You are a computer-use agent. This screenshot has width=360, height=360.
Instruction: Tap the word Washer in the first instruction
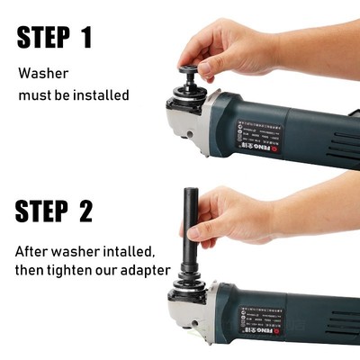pos(44,73)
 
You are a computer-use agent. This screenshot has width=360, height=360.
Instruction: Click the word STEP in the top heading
pos(40,37)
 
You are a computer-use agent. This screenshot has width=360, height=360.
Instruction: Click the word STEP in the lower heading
pos(40,211)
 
